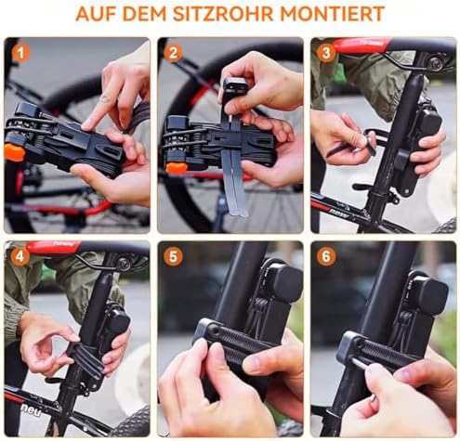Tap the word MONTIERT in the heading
pos(334,13)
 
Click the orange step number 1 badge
pos(20,53)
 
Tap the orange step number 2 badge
pos(173,53)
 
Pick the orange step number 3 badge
pos(326,53)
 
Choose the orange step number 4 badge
pos(20,257)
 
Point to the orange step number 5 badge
pos(173,257)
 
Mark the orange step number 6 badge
pos(326,257)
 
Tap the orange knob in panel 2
pos(177,167)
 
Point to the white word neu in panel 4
pos(31,409)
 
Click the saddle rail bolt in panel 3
pos(435,63)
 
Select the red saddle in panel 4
pos(53,246)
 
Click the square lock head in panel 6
pos(431,293)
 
